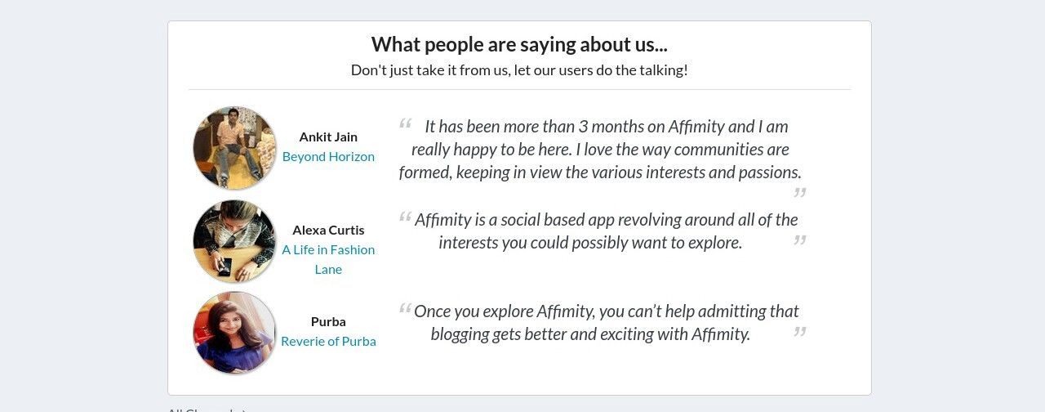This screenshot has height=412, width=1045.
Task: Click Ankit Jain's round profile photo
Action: [x=234, y=148]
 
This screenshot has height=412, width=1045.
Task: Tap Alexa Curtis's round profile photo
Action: [x=234, y=241]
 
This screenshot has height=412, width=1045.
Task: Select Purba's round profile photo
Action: [x=234, y=333]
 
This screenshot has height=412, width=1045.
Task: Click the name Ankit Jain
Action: [x=328, y=137]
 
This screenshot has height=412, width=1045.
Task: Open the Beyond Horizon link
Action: [x=328, y=156]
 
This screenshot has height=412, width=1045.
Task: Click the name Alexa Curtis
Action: [x=328, y=231]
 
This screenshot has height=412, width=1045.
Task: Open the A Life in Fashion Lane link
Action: [x=328, y=260]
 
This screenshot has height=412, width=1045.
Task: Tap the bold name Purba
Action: [x=328, y=322]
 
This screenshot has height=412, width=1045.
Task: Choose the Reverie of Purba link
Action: [x=328, y=342]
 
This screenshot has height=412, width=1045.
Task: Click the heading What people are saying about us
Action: [x=520, y=45]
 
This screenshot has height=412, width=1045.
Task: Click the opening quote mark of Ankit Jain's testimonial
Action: [x=406, y=123]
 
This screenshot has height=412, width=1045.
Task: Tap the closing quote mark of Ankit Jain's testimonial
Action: [x=800, y=192]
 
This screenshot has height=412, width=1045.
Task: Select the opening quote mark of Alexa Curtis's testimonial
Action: [x=406, y=217]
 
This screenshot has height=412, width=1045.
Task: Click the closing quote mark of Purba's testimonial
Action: [x=800, y=332]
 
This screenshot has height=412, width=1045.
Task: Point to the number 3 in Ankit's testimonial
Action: [x=583, y=127]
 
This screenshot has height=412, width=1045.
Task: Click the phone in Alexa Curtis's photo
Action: [x=225, y=266]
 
